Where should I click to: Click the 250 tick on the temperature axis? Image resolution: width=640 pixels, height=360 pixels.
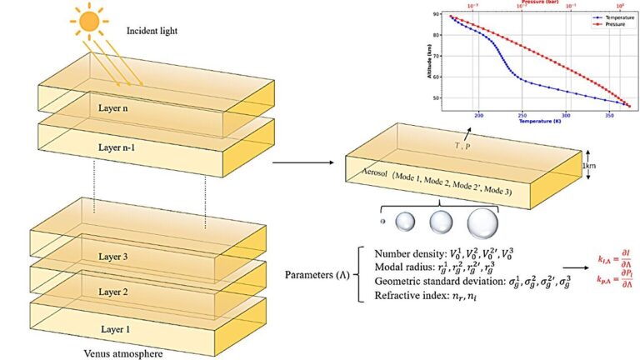click(x=522, y=114)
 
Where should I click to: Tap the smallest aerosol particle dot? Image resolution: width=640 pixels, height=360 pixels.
click(x=382, y=222)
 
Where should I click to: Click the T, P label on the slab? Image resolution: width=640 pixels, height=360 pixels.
click(x=462, y=144)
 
